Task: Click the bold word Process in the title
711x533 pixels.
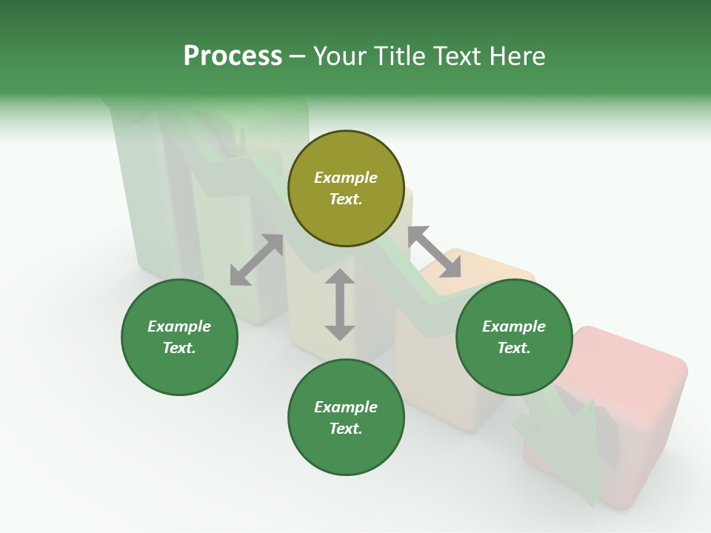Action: coord(233,56)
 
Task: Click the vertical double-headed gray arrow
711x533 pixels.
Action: coord(340,304)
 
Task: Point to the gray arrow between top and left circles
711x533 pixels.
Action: coord(256,260)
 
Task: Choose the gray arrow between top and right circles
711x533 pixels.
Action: coord(434,252)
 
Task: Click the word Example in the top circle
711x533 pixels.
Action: coord(346,178)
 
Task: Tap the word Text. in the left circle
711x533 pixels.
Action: coord(179,348)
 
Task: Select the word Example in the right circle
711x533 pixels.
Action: coord(514,326)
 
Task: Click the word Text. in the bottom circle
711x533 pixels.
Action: coord(346,429)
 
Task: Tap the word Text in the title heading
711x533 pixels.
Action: coord(458,56)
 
